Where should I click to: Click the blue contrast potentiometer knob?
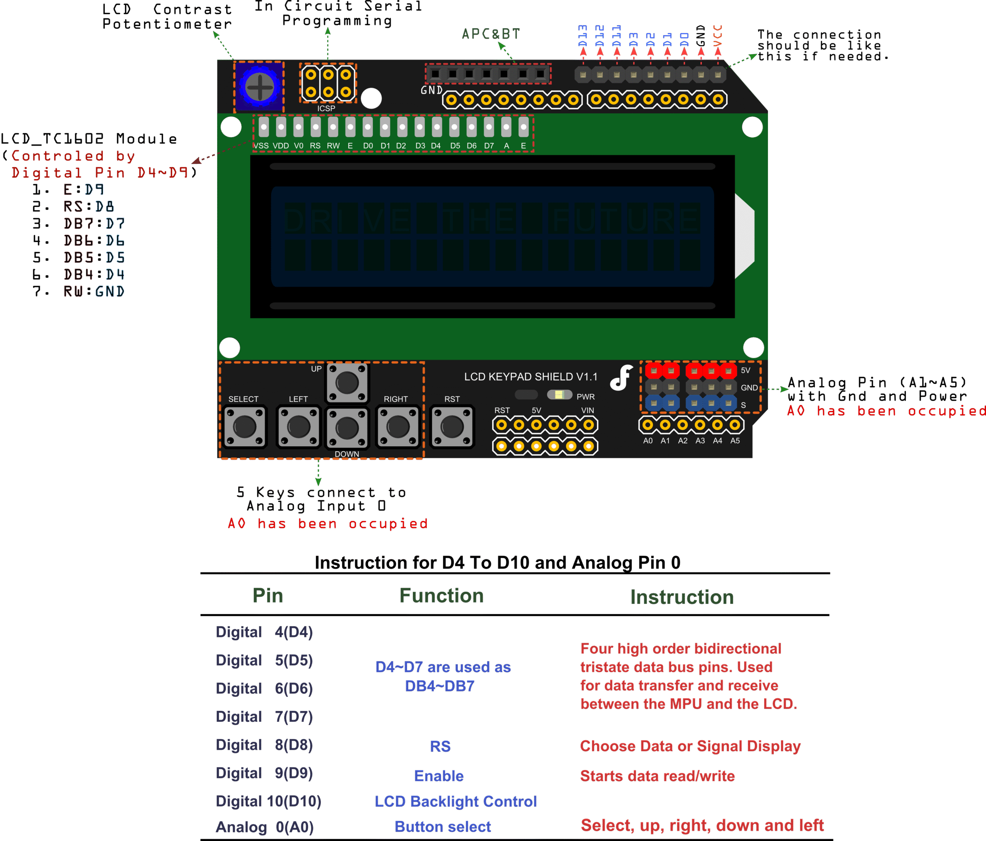[x=259, y=87]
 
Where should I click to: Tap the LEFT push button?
[x=298, y=427]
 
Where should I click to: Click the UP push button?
[x=347, y=382]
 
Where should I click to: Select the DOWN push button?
[x=347, y=428]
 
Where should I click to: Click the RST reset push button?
[x=452, y=427]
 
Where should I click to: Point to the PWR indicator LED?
[x=560, y=395]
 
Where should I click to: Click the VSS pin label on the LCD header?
[x=261, y=146]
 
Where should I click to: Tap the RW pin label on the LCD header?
[x=333, y=146]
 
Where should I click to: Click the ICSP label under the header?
[x=327, y=109]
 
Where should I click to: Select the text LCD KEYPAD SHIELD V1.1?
[x=531, y=377]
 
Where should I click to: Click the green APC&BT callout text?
[x=491, y=34]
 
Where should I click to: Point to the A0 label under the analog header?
[x=648, y=441]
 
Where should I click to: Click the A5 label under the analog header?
[x=735, y=441]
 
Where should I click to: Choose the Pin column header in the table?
[x=268, y=596]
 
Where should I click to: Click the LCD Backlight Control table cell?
[x=455, y=801]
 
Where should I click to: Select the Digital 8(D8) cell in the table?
[x=265, y=745]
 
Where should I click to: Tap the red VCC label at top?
[x=718, y=36]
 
